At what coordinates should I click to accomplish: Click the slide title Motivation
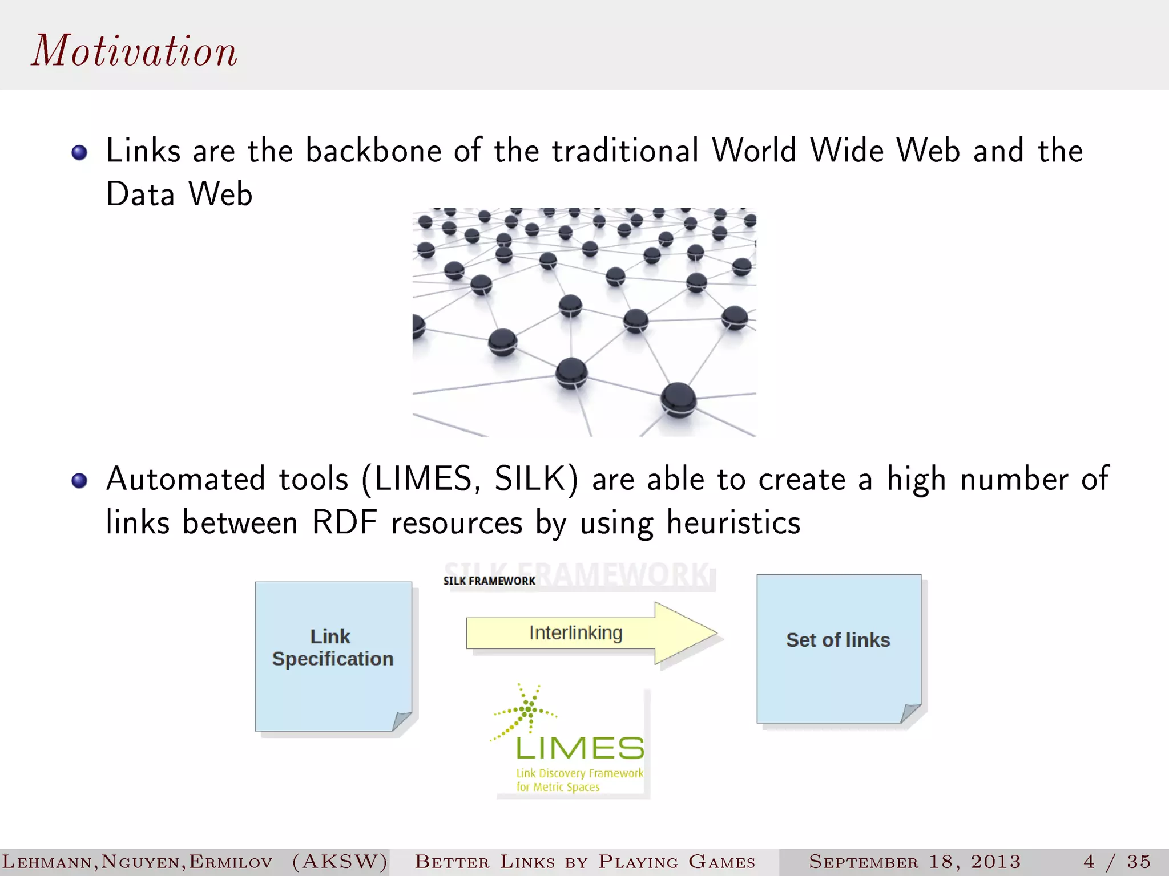134,51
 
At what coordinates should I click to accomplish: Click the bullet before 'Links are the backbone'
79,152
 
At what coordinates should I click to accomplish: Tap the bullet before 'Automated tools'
79,480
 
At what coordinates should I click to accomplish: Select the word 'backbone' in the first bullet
373,151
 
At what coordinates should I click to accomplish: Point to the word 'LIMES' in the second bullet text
423,479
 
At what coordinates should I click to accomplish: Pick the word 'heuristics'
733,522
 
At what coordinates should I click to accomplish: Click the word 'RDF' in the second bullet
345,522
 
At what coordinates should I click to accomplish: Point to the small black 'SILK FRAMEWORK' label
489,581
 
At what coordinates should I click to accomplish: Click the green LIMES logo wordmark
579,748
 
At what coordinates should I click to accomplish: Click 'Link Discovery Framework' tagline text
579,773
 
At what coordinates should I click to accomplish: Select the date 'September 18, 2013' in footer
914,862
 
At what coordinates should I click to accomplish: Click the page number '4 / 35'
1117,862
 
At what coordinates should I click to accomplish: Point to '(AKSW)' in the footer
340,862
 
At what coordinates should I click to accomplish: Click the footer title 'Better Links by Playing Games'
585,862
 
